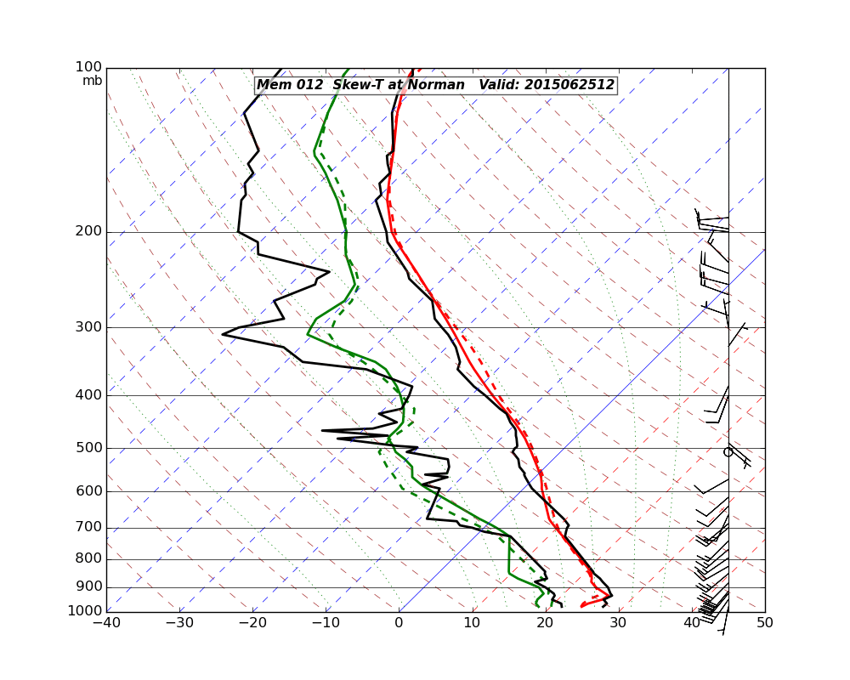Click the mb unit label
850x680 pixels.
click(92, 81)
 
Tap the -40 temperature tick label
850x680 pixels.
click(106, 623)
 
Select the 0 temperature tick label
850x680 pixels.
click(399, 623)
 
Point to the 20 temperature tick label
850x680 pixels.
click(545, 623)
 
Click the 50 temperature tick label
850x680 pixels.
click(764, 623)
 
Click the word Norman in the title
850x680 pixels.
click(436, 85)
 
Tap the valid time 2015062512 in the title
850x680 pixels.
click(569, 85)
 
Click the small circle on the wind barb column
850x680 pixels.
click(728, 452)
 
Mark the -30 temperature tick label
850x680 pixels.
click(179, 623)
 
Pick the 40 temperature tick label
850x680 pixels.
click(691, 623)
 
